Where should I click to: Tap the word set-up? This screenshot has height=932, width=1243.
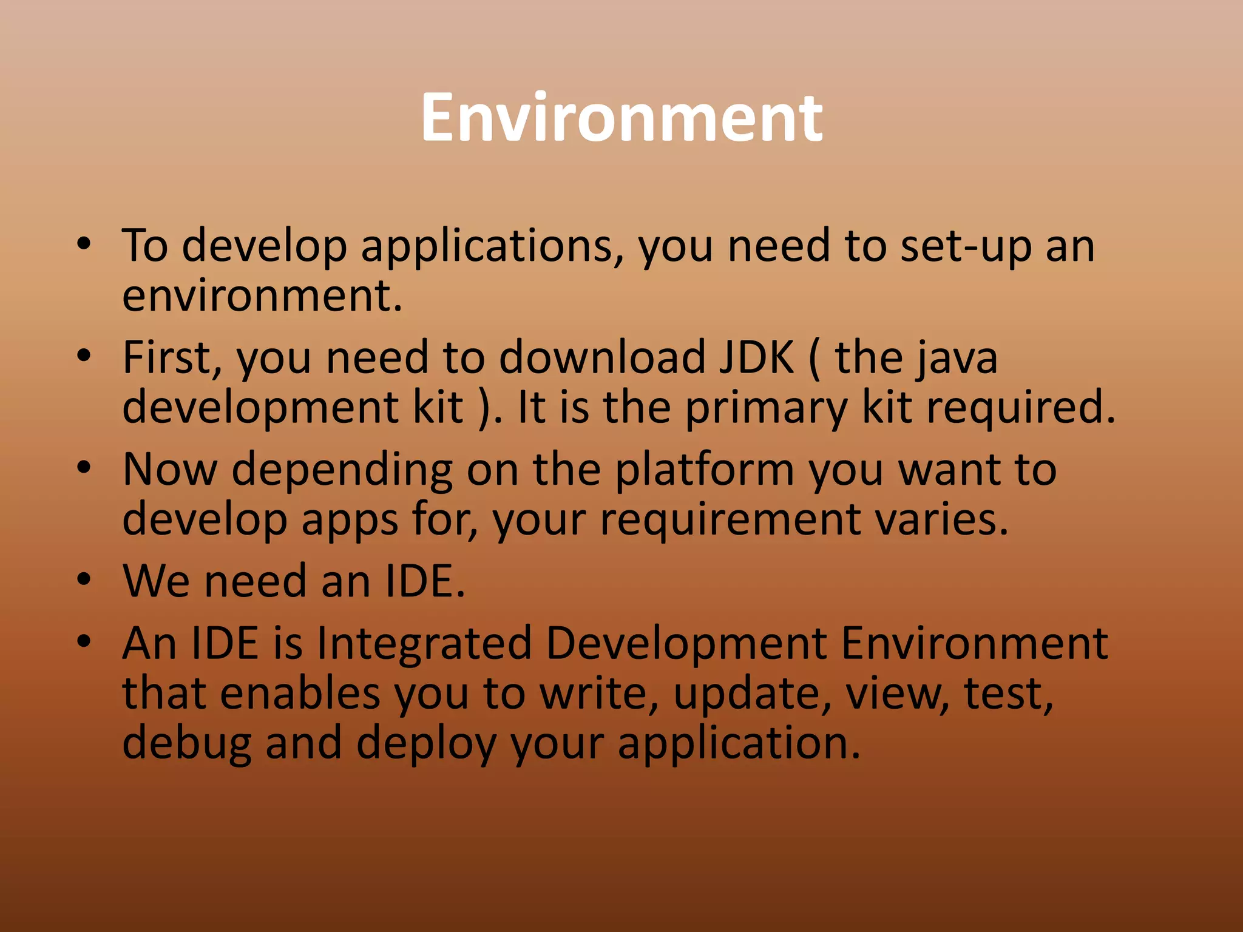(965, 246)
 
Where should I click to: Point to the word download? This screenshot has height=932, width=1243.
(601, 357)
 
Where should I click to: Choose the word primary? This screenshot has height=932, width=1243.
(765, 408)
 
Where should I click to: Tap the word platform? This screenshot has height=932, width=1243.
(704, 470)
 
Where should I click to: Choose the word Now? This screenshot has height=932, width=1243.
(169, 470)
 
